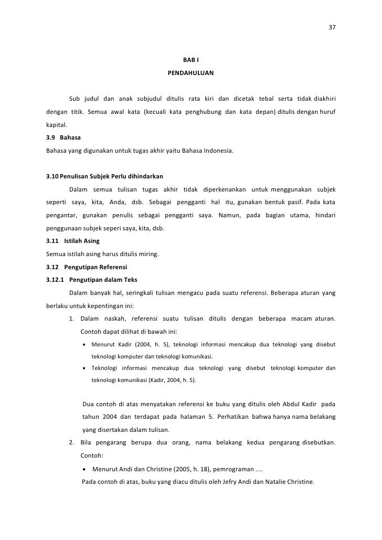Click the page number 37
point(332,28)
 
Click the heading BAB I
point(190,60)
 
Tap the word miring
point(150,254)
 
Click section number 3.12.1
point(55,279)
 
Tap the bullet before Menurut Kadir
point(85,345)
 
